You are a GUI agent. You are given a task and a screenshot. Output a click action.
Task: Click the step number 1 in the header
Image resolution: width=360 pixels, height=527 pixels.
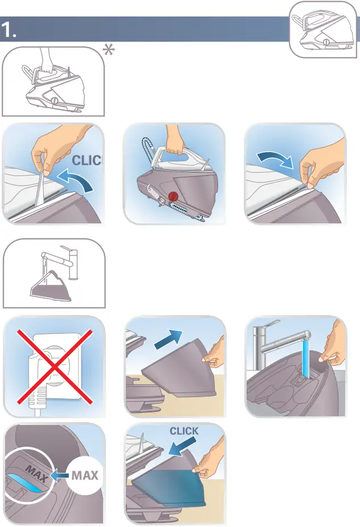9,30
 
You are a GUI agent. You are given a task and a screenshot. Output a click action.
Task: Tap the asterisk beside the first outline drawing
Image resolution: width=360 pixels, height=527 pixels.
108,50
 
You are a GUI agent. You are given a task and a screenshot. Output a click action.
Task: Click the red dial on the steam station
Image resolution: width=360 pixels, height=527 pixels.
174,196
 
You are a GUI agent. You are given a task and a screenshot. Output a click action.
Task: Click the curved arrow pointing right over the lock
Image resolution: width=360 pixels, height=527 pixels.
275,158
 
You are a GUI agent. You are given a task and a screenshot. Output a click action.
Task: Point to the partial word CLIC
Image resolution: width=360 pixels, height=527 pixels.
87,160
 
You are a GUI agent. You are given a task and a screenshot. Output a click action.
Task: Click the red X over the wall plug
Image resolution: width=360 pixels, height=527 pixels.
55,366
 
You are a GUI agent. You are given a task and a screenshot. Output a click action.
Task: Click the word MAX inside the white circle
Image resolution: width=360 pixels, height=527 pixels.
85,475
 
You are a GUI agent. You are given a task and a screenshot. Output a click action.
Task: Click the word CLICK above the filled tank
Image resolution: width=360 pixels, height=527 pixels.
184,431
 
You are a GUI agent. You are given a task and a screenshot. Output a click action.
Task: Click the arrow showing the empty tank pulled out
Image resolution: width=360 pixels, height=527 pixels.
169,340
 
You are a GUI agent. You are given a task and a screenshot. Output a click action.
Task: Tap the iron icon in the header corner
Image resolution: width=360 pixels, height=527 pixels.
322,30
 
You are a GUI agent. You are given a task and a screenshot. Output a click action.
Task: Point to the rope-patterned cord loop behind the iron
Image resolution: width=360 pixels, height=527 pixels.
148,150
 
